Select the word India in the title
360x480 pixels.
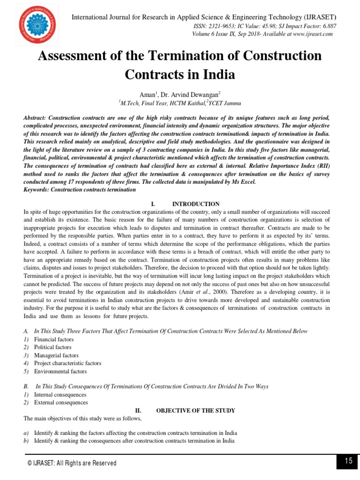coord(217,75)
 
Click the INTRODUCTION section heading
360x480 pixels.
coord(196,204)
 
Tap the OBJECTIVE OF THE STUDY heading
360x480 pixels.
coord(195,411)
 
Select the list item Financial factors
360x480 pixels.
coord(53,339)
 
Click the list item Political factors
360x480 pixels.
coord(52,347)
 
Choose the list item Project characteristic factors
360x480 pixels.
coord(67,363)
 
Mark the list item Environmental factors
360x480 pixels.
coord(60,371)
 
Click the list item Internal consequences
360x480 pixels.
coord(60,395)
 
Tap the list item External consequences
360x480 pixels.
coord(60,403)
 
